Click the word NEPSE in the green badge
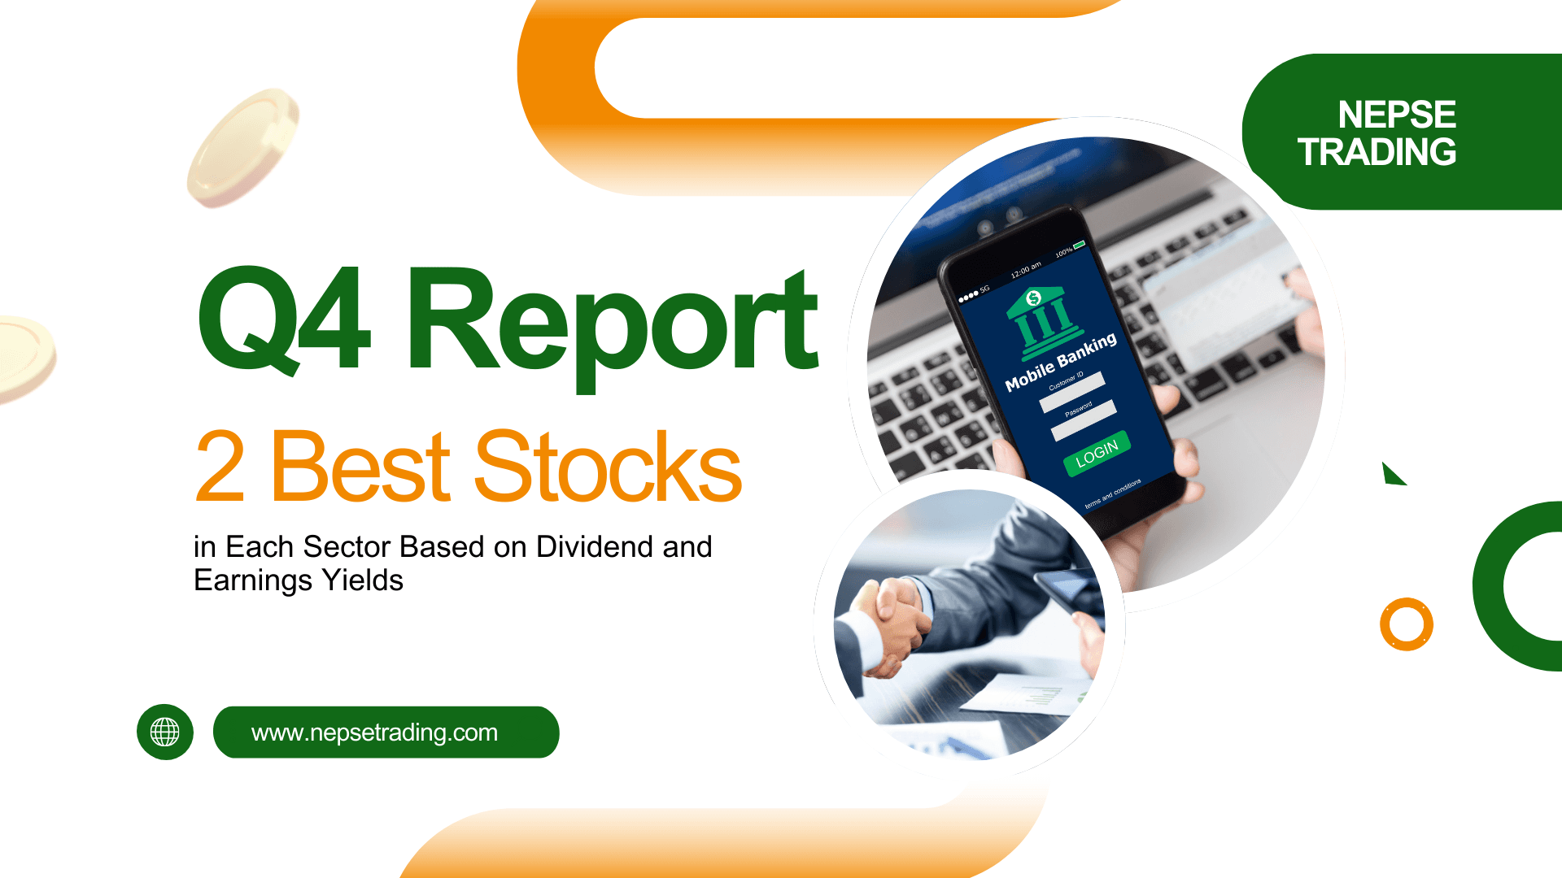[1396, 115]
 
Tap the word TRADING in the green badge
[1377, 152]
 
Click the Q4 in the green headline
[284, 320]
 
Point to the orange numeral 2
[220, 467]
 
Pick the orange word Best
[360, 467]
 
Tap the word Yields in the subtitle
[362, 580]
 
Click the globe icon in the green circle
[165, 732]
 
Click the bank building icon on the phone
[1043, 320]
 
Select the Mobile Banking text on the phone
[1061, 362]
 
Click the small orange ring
[1406, 624]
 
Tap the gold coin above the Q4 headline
[242, 147]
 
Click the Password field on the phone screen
[1084, 421]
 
